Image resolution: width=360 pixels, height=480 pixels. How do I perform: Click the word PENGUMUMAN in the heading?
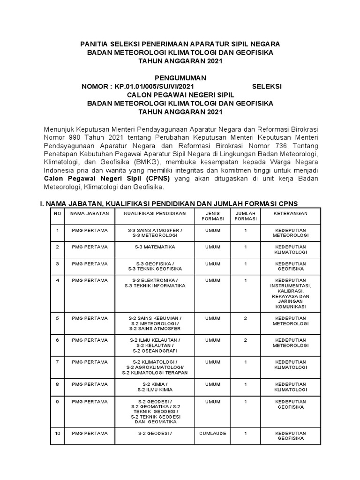pos(180,78)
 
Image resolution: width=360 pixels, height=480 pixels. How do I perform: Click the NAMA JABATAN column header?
pos(90,213)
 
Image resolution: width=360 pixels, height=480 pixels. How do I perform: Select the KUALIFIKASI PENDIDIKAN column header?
pos(155,213)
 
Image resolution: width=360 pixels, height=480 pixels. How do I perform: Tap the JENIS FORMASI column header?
pos(212,216)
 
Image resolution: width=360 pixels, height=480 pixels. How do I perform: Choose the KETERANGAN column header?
pos(291,213)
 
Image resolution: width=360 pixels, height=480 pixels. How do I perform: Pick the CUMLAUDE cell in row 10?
pos(212,434)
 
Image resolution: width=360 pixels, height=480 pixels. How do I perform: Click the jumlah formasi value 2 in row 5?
pos(246,318)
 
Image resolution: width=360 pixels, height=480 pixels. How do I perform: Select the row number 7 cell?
pos(57,362)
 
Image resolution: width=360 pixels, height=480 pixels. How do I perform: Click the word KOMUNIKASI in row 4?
pos(291,307)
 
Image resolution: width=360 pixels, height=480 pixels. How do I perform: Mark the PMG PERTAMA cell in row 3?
pos(90,264)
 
